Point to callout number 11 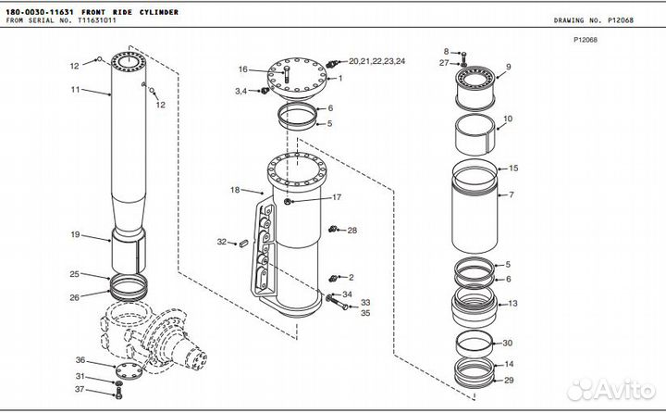tap(77, 90)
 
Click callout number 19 tap(76, 234)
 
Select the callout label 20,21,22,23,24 tap(376, 60)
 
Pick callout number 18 tap(235, 190)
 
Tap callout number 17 tap(337, 197)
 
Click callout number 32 tap(221, 242)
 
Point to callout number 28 tap(351, 230)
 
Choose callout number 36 tap(80, 360)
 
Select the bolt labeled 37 tap(117, 394)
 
